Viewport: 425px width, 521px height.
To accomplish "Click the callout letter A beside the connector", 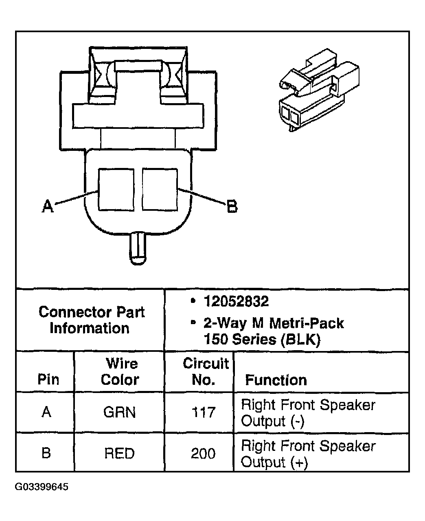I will (48, 207).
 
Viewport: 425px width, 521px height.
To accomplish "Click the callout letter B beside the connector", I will (232, 206).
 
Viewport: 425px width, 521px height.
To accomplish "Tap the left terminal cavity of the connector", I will (116, 190).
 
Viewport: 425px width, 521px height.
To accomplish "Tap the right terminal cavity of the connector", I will (160, 190).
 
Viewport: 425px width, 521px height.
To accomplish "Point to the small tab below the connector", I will (138, 249).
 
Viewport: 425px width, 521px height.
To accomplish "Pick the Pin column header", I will (48, 380).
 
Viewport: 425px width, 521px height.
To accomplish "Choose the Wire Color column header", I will (120, 371).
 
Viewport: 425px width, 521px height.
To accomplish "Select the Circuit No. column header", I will (205, 371).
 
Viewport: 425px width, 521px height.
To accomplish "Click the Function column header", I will (276, 380).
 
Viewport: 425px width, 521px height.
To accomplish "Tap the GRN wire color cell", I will (119, 412).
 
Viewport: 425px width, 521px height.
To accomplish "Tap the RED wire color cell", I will (119, 453).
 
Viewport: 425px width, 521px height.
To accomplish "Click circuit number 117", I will (203, 413).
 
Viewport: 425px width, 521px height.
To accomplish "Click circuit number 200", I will (203, 453).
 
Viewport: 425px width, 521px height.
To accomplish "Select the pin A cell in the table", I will (46, 412).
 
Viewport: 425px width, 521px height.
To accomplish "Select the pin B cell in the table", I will (46, 453).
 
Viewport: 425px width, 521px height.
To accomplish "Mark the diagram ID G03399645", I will (42, 487).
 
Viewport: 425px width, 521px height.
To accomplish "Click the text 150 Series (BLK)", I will (262, 339).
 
